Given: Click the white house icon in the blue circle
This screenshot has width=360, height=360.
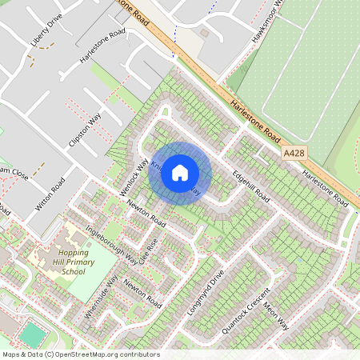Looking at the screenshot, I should pos(180,173).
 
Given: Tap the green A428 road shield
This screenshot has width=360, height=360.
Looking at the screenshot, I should pos(294,151).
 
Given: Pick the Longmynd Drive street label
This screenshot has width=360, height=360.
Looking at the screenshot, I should pos(210,287).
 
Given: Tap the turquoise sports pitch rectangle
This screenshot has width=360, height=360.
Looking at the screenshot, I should pos(31,334).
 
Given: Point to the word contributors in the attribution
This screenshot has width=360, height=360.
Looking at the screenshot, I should pos(141,354).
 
